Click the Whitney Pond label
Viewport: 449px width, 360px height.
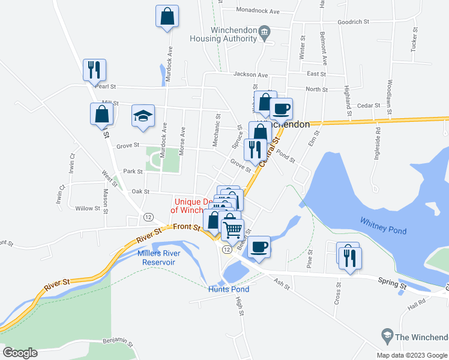(x=383, y=226)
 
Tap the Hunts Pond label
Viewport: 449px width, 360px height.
(x=229, y=289)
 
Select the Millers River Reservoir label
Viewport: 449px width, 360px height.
(x=156, y=257)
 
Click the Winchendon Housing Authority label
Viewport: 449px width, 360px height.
(x=223, y=35)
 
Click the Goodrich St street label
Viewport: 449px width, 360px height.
(x=352, y=22)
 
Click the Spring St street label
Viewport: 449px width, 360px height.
(x=393, y=280)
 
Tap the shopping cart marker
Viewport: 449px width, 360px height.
(x=233, y=229)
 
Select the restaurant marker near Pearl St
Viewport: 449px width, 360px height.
(x=94, y=70)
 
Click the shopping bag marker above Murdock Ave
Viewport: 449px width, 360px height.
(x=167, y=17)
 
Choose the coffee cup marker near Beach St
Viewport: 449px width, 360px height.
(x=259, y=247)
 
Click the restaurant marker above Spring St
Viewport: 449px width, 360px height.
(x=350, y=257)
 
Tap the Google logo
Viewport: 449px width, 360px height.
(x=20, y=353)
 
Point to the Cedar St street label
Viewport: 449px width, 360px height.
(x=369, y=105)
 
